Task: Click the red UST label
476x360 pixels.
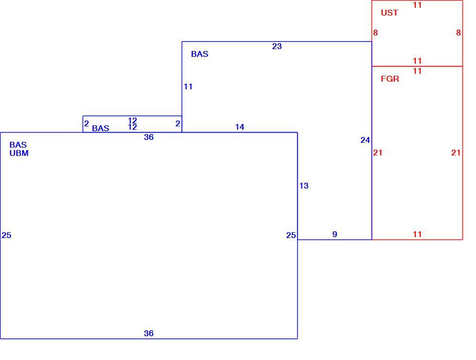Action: pos(389,13)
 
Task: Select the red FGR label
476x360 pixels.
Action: pos(390,79)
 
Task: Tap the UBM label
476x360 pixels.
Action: pos(19,154)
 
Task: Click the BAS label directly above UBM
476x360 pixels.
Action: pos(18,145)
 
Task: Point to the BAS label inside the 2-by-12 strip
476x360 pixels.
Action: pos(101,128)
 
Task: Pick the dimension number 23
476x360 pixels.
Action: pos(277,47)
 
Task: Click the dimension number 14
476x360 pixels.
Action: pos(239,127)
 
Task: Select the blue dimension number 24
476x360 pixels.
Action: pos(365,140)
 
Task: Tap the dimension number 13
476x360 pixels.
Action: pos(304,186)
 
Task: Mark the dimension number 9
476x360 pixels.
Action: pos(335,234)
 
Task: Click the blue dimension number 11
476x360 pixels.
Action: pos(188,87)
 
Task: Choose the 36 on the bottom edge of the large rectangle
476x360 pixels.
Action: pos(149,333)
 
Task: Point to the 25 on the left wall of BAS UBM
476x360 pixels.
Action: pos(6,235)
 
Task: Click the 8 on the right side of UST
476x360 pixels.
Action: pos(459,33)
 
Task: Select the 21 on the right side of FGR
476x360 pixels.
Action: pos(456,153)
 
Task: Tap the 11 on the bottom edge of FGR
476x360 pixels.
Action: pos(417,234)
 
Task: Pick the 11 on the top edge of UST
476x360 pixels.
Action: pos(417,5)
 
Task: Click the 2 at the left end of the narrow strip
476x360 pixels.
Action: pos(86,124)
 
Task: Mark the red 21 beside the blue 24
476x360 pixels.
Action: pos(378,153)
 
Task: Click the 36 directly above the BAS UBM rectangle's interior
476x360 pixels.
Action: pos(149,137)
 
